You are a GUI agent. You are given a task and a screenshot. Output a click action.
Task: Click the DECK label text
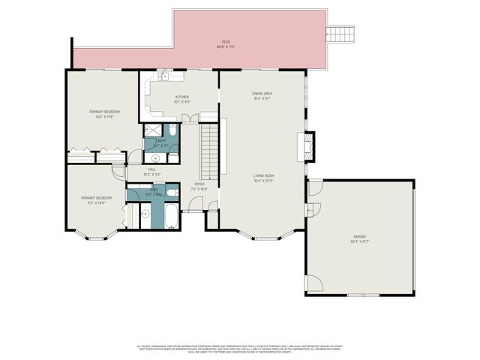(x=225, y=43)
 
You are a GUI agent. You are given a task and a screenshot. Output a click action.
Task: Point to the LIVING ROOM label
(x=264, y=178)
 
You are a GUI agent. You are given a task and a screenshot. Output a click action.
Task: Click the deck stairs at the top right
(x=341, y=34)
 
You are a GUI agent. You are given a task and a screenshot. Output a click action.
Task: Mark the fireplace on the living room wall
(x=307, y=145)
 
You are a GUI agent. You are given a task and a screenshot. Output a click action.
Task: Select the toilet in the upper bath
(x=172, y=132)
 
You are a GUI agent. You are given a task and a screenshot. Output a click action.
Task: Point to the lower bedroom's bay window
(x=95, y=236)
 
